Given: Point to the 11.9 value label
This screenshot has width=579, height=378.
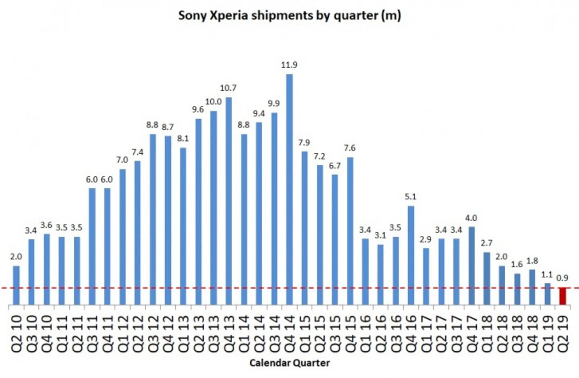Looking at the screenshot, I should click(289, 65).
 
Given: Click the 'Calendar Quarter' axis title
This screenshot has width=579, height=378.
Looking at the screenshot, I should click(289, 363).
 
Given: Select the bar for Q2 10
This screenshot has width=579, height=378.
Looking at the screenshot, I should click(16, 285).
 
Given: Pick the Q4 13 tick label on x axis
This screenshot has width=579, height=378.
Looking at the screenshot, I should click(229, 333).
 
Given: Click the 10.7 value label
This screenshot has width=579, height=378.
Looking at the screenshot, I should click(228, 88).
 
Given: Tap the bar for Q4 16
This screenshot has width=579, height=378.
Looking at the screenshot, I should click(411, 255).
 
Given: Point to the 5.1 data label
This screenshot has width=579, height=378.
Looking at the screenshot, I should click(410, 197).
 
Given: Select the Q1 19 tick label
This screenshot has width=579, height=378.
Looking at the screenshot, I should click(547, 333).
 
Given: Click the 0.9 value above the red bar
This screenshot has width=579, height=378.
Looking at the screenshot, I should click(562, 278).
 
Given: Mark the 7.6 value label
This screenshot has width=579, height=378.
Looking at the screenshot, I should click(350, 148).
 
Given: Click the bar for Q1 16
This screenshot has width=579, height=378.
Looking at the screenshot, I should click(365, 271).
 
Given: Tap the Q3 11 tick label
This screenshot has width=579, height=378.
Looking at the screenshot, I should click(92, 333).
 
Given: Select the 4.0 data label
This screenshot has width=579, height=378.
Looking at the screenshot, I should click(471, 218).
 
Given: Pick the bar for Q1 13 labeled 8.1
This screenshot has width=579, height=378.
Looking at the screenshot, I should click(183, 226).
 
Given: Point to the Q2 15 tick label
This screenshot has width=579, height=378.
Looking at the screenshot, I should click(320, 333).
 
